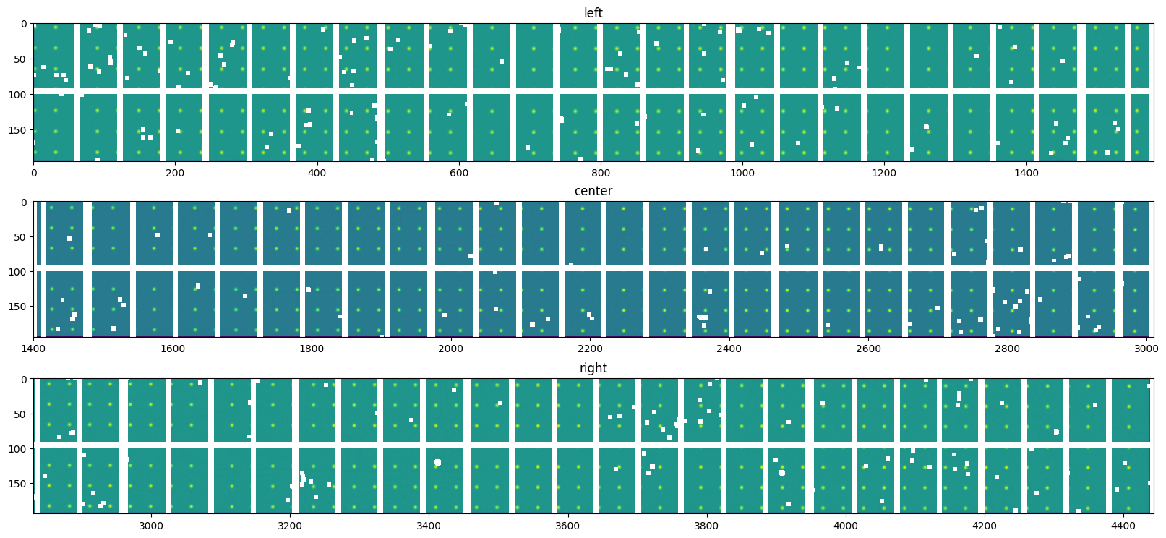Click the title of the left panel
click(593, 13)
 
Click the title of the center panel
click(593, 191)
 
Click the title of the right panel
click(593, 368)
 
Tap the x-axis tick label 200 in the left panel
click(175, 174)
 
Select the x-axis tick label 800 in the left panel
click(601, 174)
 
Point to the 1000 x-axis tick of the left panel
click(742, 174)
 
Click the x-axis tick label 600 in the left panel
click(459, 174)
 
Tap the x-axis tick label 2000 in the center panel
click(451, 349)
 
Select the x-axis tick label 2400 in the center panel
click(729, 349)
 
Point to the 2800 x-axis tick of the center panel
click(1008, 349)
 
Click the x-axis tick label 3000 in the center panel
click(1146, 349)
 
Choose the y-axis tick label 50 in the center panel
click(22, 237)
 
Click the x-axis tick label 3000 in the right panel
click(151, 526)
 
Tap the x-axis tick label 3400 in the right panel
click(429, 526)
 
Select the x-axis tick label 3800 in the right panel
click(706, 526)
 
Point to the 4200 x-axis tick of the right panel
click(985, 526)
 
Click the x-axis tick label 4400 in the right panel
click(1123, 526)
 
